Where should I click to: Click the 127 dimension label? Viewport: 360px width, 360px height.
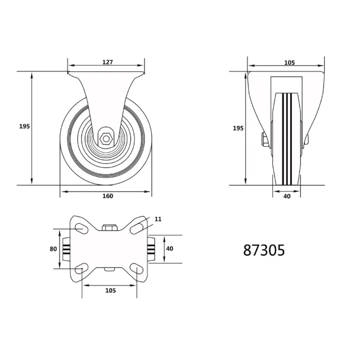[x=107, y=62]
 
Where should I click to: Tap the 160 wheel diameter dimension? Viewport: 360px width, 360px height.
[x=107, y=196]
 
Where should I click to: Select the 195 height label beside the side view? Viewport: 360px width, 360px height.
[x=24, y=126]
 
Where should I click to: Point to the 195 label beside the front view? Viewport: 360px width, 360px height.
[x=238, y=128]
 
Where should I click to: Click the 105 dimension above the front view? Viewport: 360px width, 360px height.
[x=289, y=62]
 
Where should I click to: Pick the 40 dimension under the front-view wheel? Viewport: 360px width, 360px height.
[x=287, y=196]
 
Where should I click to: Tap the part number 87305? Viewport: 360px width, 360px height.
[x=264, y=250]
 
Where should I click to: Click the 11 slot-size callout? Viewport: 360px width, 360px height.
[x=158, y=219]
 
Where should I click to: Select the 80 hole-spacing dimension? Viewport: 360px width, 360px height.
[x=53, y=249]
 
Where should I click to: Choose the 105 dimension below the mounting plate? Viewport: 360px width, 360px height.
[x=110, y=290]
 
